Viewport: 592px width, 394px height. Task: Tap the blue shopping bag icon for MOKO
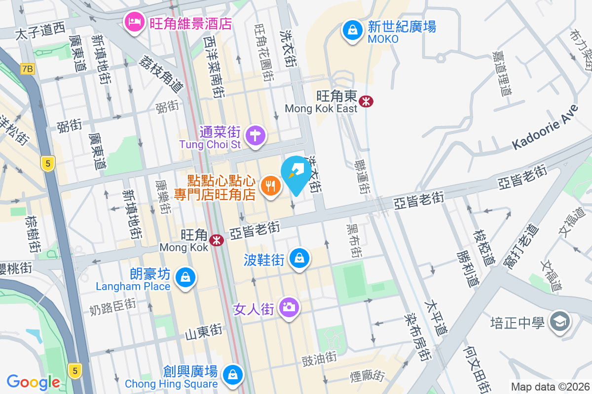point(353,30)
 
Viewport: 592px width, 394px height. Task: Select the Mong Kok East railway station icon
point(366,101)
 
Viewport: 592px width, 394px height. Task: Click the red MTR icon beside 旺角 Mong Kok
point(216,240)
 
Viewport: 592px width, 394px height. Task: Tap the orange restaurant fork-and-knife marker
point(270,186)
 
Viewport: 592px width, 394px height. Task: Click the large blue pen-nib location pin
point(296,174)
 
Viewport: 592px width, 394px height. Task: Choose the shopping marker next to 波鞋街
point(299,258)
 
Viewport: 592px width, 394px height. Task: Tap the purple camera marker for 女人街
point(289,308)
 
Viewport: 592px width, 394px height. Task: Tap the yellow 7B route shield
point(28,69)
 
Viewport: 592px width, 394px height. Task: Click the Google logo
point(33,382)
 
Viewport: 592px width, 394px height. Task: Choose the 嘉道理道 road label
point(504,73)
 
